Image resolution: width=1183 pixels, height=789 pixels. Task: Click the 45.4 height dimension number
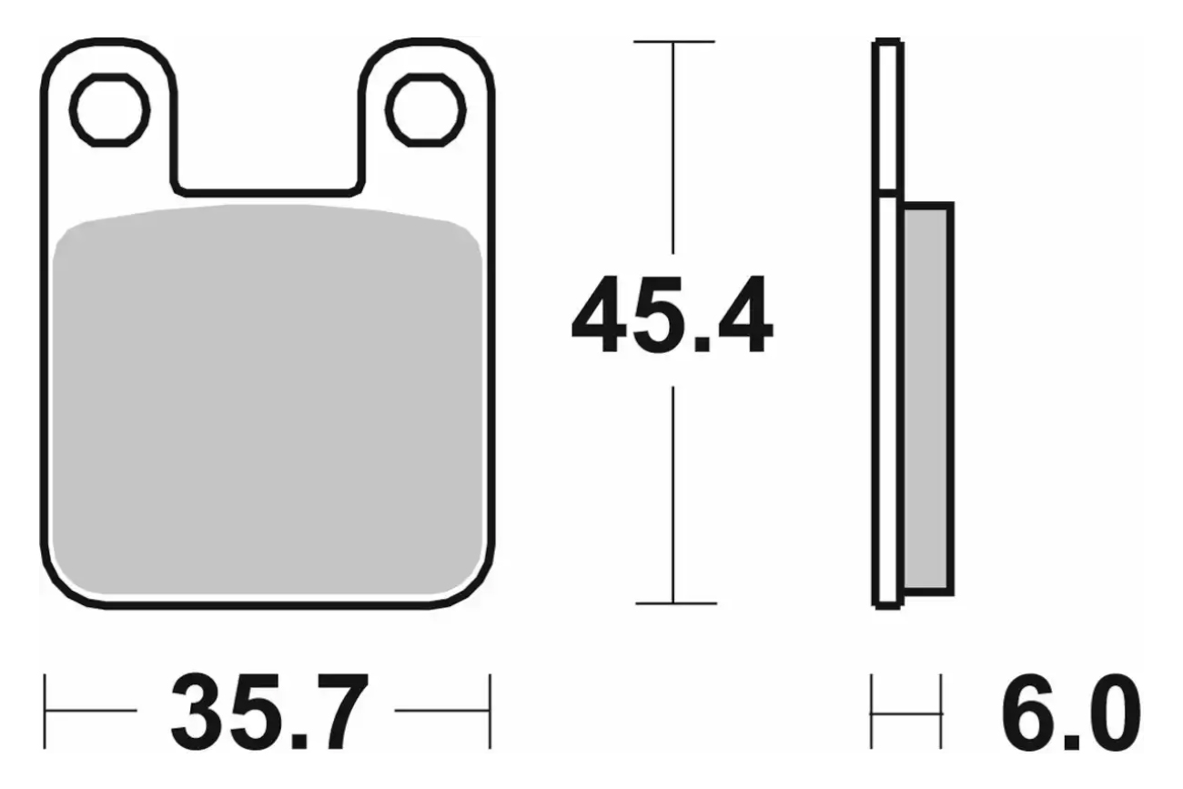(x=672, y=314)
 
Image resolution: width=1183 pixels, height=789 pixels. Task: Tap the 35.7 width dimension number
(x=268, y=711)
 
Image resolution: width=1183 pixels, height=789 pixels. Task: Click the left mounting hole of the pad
(x=110, y=110)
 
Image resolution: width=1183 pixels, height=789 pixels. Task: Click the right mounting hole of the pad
(x=426, y=110)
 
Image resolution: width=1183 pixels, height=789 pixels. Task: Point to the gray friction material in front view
(x=268, y=401)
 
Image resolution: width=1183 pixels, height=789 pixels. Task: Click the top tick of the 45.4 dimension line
(x=674, y=41)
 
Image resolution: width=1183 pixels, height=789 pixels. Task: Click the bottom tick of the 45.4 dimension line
(x=675, y=603)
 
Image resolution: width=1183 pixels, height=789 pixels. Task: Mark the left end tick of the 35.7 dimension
(x=45, y=711)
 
